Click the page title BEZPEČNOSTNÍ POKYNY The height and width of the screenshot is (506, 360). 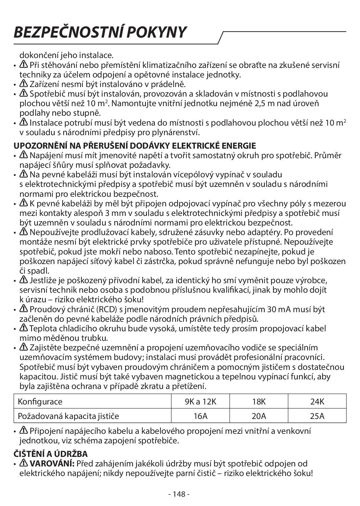100,32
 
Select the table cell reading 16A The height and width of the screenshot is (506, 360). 200,416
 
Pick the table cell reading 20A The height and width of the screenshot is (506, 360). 259,416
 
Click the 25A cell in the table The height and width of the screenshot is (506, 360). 317,416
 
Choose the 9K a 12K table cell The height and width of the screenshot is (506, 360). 200,402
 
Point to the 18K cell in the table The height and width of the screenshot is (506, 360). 259,402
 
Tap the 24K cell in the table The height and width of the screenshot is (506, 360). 317,402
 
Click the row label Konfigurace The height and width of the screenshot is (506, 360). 40,402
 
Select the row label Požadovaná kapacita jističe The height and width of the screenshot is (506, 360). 68,416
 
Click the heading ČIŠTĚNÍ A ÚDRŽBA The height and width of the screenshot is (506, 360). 50,454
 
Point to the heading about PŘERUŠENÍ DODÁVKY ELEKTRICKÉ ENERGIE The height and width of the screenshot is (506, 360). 134,145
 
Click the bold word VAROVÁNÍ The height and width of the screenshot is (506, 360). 52,464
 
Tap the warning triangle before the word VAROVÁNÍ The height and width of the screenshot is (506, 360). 24,463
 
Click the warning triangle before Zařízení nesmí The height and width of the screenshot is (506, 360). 24,83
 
